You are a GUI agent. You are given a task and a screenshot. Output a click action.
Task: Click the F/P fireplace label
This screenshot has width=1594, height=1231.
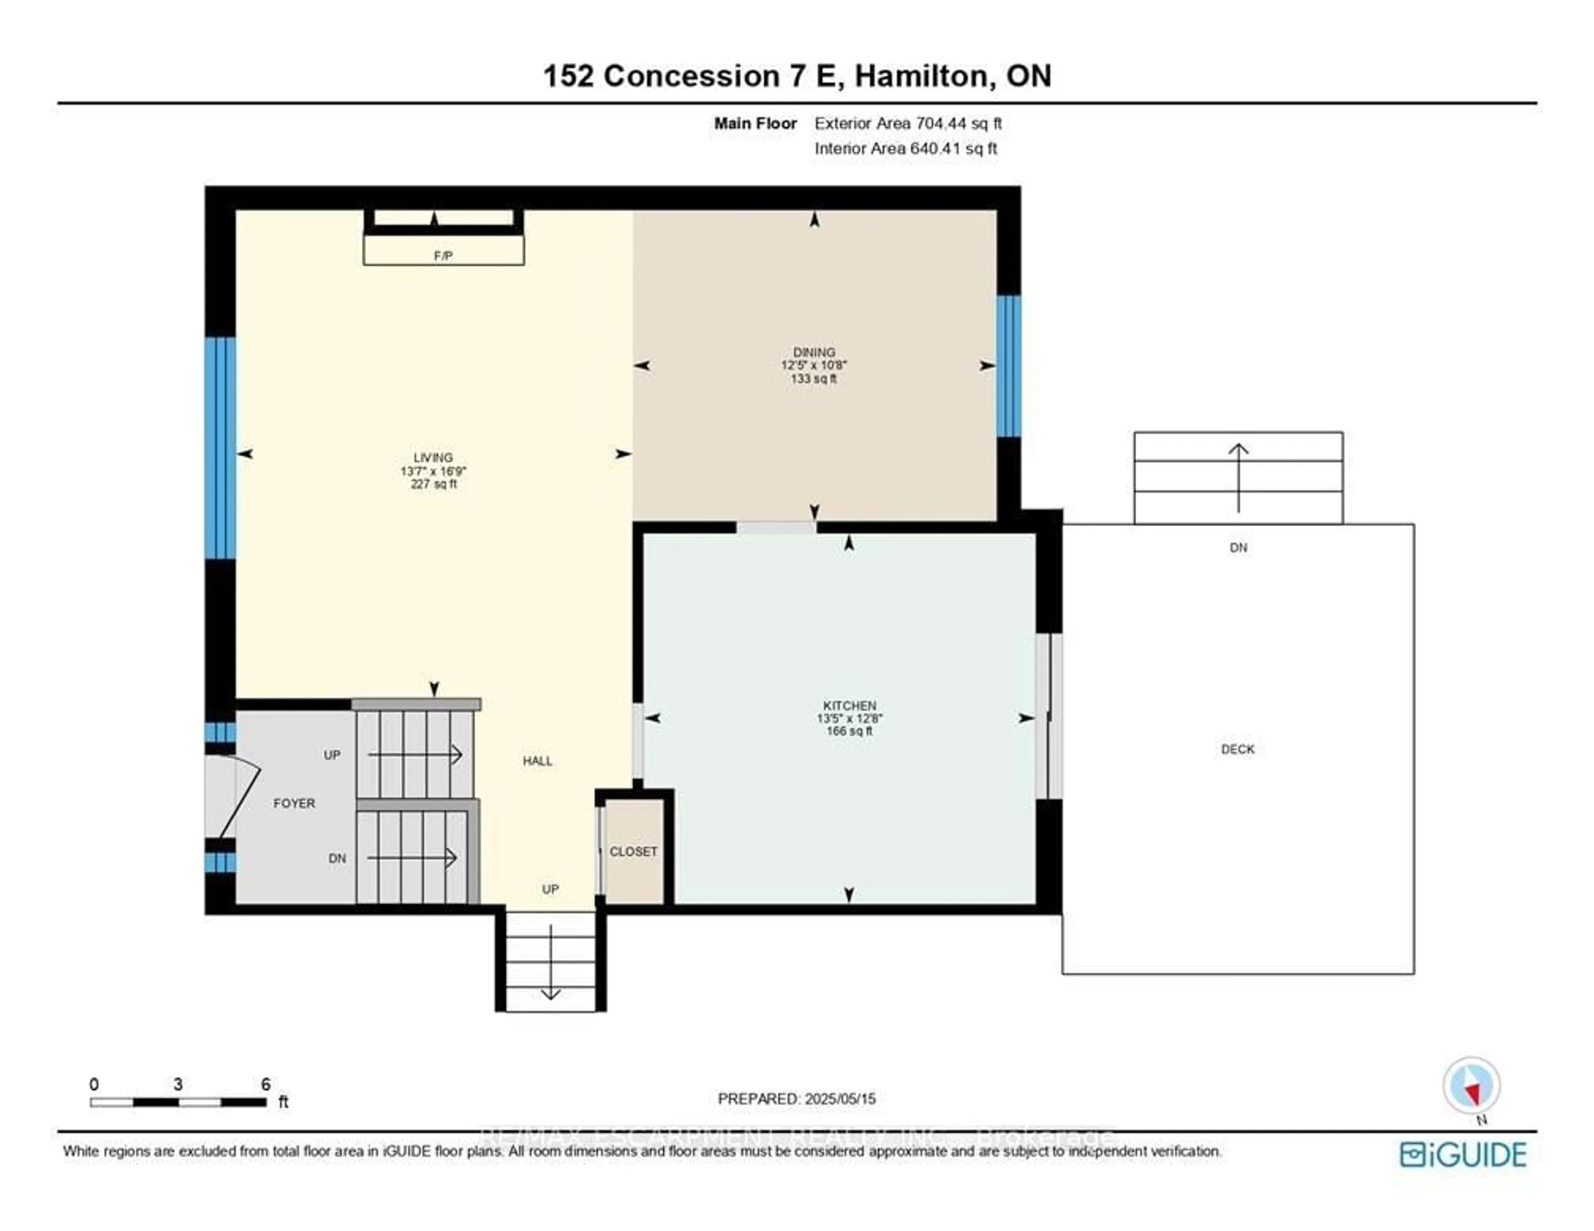[x=443, y=255]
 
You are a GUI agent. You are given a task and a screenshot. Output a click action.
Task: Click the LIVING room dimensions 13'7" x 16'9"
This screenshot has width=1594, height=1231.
[x=433, y=471]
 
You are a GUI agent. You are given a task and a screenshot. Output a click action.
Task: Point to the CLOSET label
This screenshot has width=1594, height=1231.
[x=633, y=851]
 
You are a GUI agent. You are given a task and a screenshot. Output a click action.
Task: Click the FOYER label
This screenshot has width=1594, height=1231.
[x=294, y=803]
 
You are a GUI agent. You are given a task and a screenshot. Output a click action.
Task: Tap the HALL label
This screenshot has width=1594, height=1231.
[x=537, y=761]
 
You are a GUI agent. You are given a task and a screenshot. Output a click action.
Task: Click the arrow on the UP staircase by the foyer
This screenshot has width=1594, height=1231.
[x=416, y=754]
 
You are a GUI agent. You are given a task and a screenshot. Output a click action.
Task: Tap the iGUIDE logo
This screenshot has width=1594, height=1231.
[x=1463, y=1154]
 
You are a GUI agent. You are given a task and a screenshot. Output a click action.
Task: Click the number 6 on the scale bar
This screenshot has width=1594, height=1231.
[x=266, y=1084]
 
